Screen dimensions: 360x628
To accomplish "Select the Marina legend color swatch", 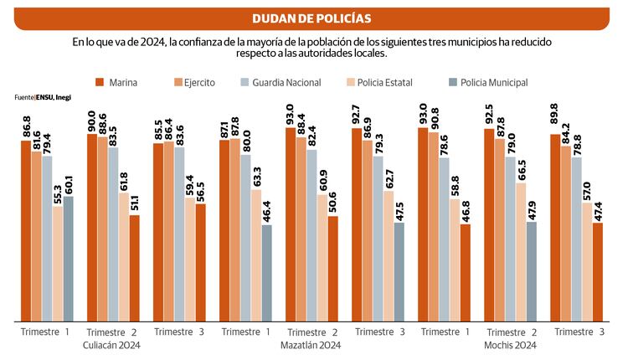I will [x=100, y=82].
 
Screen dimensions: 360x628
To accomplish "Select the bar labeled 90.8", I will [x=433, y=226].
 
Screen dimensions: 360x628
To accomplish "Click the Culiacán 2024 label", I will [x=111, y=345].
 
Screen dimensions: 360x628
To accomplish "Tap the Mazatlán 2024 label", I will [x=311, y=345].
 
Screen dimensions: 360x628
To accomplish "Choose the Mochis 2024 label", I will [x=511, y=345].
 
